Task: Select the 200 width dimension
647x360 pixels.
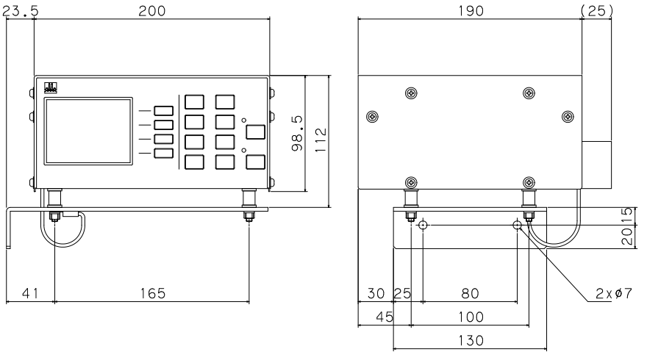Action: pyautogui.click(x=152, y=11)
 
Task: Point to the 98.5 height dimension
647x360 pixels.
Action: pyautogui.click(x=297, y=133)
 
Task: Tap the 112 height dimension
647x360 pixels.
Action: pyautogui.click(x=321, y=140)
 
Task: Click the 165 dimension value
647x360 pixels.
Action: pyautogui.click(x=153, y=294)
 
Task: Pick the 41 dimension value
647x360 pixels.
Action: pyautogui.click(x=30, y=294)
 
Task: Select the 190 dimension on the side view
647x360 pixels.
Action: pyautogui.click(x=471, y=11)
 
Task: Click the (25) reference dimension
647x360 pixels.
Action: pyautogui.click(x=597, y=11)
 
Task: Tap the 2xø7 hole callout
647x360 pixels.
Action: pyautogui.click(x=614, y=294)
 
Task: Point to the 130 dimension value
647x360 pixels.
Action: pyautogui.click(x=471, y=341)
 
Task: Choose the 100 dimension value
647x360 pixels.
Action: pyautogui.click(x=471, y=317)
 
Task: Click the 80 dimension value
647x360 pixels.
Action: pyautogui.click(x=470, y=294)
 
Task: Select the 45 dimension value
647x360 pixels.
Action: pyautogui.click(x=385, y=317)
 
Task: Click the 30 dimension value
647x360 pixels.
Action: pyautogui.click(x=376, y=294)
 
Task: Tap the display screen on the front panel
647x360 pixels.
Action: pyautogui.click(x=88, y=131)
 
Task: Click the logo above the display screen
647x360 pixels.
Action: pyautogui.click(x=50, y=88)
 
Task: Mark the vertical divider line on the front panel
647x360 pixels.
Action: pyautogui.click(x=179, y=132)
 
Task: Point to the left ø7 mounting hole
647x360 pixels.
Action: pyautogui.click(x=423, y=225)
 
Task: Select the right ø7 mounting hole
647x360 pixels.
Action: pyautogui.click(x=517, y=225)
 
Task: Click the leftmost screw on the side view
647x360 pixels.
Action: pyautogui.click(x=372, y=117)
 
